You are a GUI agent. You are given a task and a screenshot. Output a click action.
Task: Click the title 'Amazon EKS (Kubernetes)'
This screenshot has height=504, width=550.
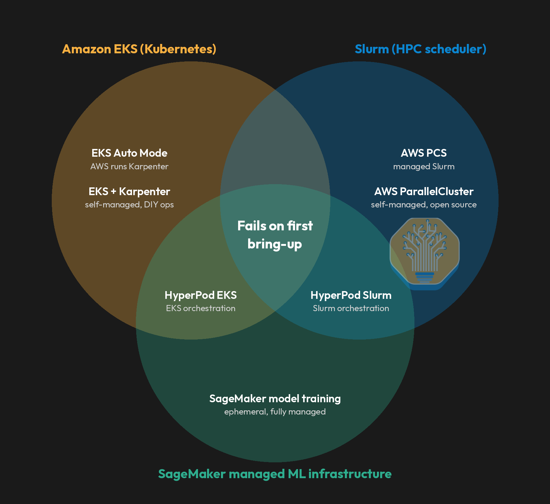point(139,49)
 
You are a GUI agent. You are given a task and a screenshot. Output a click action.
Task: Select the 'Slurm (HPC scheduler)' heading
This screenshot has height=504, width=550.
point(421,49)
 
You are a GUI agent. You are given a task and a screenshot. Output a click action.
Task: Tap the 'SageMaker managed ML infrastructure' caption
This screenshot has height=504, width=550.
point(275,474)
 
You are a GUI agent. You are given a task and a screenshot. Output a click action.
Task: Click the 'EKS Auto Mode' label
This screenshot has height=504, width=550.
point(129,153)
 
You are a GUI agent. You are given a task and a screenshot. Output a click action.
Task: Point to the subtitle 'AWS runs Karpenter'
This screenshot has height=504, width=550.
point(129,166)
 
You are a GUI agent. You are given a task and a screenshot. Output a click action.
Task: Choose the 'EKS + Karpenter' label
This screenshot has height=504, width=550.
point(129,192)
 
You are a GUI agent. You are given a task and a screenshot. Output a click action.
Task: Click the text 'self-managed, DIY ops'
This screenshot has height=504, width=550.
point(129,205)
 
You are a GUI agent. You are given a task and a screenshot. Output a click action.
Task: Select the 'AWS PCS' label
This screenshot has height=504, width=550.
point(424,153)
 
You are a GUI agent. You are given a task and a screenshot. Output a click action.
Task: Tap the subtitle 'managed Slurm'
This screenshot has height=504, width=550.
point(424,166)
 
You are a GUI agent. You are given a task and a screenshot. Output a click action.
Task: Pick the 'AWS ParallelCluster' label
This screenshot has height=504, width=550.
point(424,192)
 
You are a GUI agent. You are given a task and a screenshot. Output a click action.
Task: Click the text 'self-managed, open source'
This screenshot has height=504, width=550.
point(424,205)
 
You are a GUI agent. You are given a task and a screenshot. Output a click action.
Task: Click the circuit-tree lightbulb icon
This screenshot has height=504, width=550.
point(424,253)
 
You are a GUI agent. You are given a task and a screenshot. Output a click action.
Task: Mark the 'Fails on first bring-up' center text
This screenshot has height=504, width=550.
point(275,235)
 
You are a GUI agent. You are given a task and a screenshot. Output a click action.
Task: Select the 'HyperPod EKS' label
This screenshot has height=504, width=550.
point(201,295)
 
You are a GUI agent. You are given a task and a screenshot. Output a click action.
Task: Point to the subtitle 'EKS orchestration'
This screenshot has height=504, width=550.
point(201,308)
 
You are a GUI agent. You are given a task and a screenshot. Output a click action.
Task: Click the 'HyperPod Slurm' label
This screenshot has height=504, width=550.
point(351,295)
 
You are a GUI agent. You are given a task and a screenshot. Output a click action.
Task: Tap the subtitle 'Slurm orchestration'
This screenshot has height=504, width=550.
point(351,308)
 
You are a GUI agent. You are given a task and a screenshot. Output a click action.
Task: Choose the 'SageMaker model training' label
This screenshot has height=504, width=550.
point(275,399)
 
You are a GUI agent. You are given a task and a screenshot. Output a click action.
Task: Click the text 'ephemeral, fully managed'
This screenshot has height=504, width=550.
point(275,412)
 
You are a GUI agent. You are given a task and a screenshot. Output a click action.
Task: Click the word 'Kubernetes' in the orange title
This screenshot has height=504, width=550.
point(178,49)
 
